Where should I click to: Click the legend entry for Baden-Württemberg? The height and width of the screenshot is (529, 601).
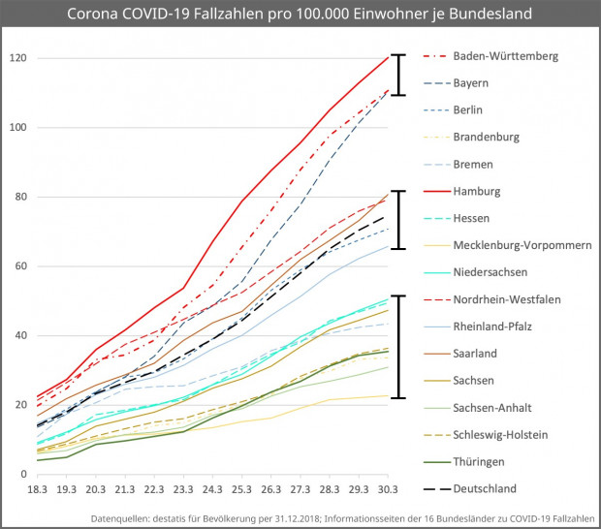[505, 56]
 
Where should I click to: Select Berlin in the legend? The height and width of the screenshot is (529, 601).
[468, 110]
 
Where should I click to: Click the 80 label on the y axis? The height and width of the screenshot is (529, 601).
[16, 197]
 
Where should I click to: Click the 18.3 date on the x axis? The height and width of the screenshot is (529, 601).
[37, 490]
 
